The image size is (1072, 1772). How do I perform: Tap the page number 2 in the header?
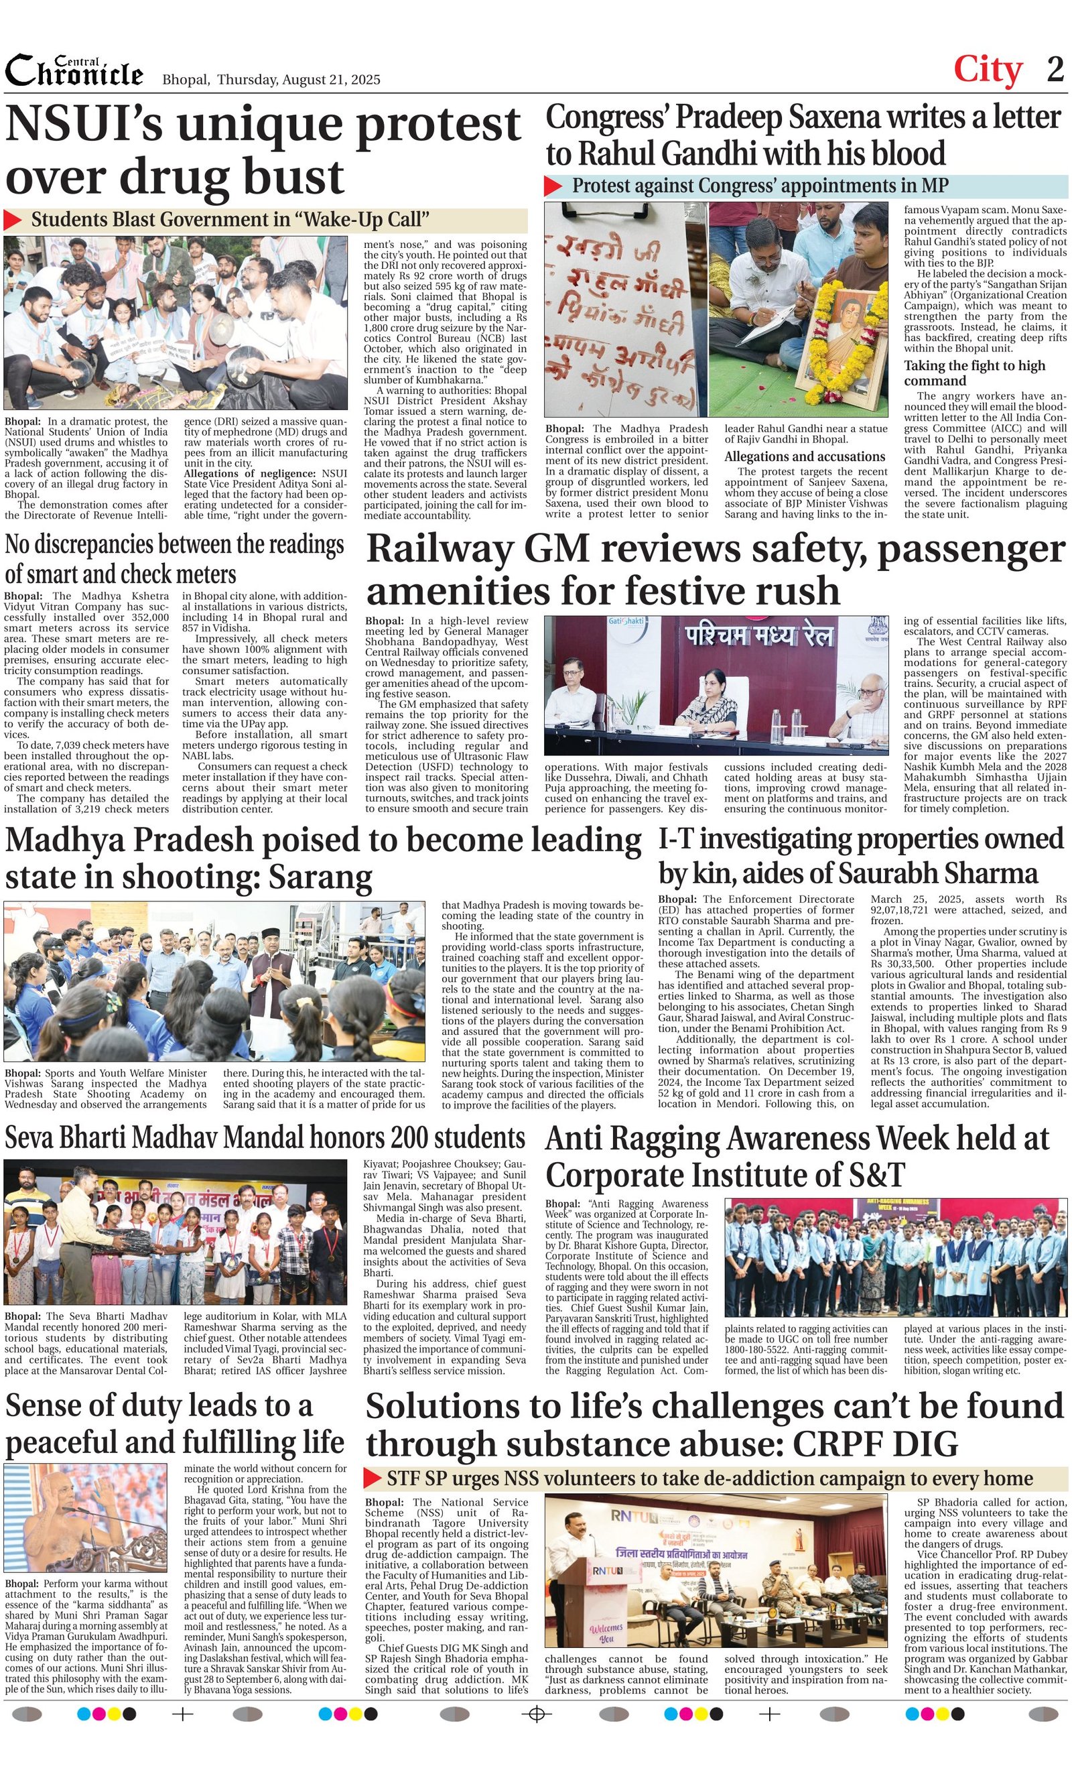click(1055, 70)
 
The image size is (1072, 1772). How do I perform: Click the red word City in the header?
click(987, 70)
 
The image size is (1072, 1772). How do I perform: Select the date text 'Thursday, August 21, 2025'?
click(298, 80)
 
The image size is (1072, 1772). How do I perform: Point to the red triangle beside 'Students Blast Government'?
click(13, 220)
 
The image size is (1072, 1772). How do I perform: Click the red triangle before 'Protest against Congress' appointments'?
click(553, 186)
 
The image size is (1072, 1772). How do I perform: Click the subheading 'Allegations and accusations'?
click(804, 456)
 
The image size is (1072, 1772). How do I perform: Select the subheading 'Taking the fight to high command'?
click(974, 373)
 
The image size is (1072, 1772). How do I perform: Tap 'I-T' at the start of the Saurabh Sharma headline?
click(676, 839)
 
